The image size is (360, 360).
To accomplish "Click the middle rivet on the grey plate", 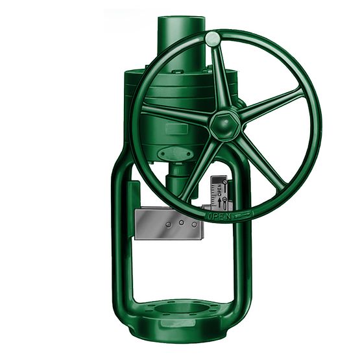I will click(182, 222).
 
